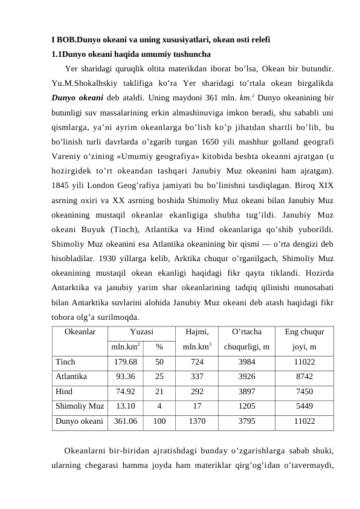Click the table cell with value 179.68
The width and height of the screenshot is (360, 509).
[x=126, y=361]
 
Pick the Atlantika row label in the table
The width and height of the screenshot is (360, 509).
[x=71, y=376]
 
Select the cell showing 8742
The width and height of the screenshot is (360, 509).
[x=304, y=376]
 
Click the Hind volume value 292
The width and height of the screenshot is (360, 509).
[x=197, y=391]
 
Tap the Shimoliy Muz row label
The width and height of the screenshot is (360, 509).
[x=79, y=406]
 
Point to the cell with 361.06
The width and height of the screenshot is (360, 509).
[x=126, y=421]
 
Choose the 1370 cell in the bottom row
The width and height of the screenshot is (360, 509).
[x=197, y=421]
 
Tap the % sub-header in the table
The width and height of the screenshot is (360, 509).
[x=159, y=347]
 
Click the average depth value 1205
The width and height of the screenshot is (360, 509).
[x=246, y=406]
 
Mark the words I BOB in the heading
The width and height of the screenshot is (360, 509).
[x=63, y=41]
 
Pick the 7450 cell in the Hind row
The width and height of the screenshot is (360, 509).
[x=304, y=391]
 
